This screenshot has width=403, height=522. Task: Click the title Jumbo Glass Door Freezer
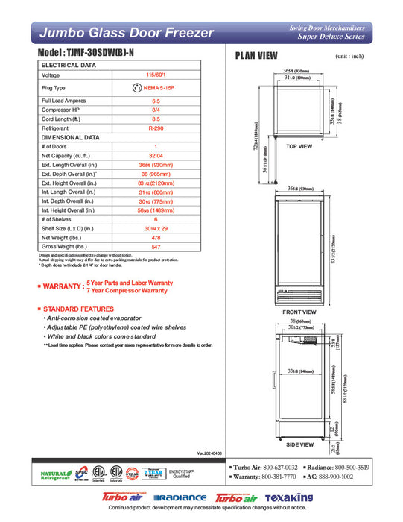click(126, 33)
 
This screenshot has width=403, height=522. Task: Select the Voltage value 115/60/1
click(156, 75)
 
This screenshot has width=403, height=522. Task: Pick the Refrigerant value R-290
click(156, 128)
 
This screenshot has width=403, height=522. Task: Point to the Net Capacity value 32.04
click(156, 156)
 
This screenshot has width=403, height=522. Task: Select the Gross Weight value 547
click(156, 245)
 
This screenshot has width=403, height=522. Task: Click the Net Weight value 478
click(156, 236)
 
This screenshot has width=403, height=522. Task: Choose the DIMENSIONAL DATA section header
click(71, 138)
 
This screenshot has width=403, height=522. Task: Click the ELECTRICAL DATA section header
click(69, 66)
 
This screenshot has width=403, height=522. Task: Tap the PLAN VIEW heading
click(257, 56)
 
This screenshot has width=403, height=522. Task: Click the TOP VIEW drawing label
click(299, 147)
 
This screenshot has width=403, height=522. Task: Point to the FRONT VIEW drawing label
click(299, 312)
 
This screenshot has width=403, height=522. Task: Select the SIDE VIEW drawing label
click(299, 444)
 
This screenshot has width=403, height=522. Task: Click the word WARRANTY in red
click(63, 286)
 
